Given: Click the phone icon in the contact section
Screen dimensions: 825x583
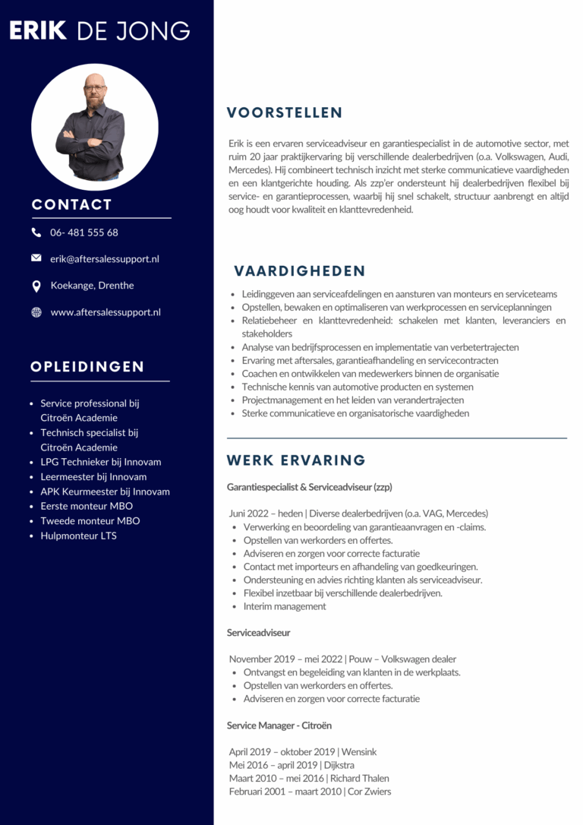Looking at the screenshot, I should coord(36,232).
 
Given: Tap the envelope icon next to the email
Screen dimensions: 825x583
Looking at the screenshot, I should coord(36,258).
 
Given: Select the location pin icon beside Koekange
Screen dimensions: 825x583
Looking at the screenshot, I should coord(36,286).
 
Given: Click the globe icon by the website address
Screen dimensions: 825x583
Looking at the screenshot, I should coord(36,312).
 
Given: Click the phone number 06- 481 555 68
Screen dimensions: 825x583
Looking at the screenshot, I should coord(84,232).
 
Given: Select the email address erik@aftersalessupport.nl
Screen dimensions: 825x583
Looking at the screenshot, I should coord(105,259).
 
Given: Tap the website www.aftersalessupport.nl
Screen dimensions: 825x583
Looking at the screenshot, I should coord(106,312).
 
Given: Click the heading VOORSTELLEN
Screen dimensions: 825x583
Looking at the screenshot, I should coord(285,113).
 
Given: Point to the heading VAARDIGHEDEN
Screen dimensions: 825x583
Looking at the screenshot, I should coord(300,271).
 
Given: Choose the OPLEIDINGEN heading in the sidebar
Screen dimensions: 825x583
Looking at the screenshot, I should coord(87,367).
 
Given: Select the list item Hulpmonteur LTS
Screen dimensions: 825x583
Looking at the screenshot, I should coord(78,536).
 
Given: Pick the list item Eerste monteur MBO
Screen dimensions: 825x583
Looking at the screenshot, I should coord(87,506).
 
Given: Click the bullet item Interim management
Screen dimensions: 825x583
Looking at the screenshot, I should coord(285,606).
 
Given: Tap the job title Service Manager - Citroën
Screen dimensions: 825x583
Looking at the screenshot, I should coord(279,725).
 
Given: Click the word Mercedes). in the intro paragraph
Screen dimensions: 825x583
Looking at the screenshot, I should coord(250,169).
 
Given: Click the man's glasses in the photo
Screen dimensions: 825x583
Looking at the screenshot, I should coord(95,88).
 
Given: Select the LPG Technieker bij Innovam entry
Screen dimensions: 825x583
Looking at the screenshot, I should coord(101,462).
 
